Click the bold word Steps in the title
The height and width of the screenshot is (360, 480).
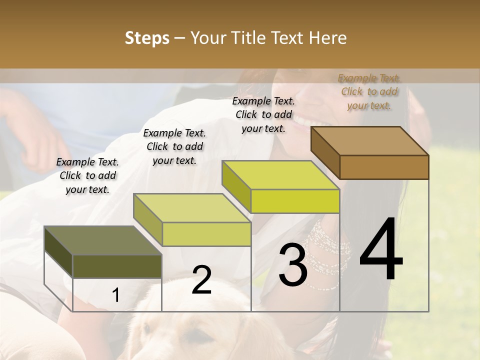[x=147, y=38]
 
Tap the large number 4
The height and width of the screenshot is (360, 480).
[x=381, y=250]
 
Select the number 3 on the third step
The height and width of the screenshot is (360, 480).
[x=292, y=265]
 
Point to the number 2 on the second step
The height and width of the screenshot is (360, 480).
[x=201, y=279]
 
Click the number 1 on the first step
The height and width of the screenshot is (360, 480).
[x=115, y=295]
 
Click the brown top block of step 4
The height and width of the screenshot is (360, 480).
[x=370, y=152]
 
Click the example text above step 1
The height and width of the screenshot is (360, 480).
[x=87, y=175]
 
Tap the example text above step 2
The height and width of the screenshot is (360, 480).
[x=174, y=146]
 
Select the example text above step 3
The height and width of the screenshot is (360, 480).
[x=263, y=114]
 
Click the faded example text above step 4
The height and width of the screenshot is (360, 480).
[x=369, y=91]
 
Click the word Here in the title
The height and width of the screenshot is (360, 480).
[x=327, y=38]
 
